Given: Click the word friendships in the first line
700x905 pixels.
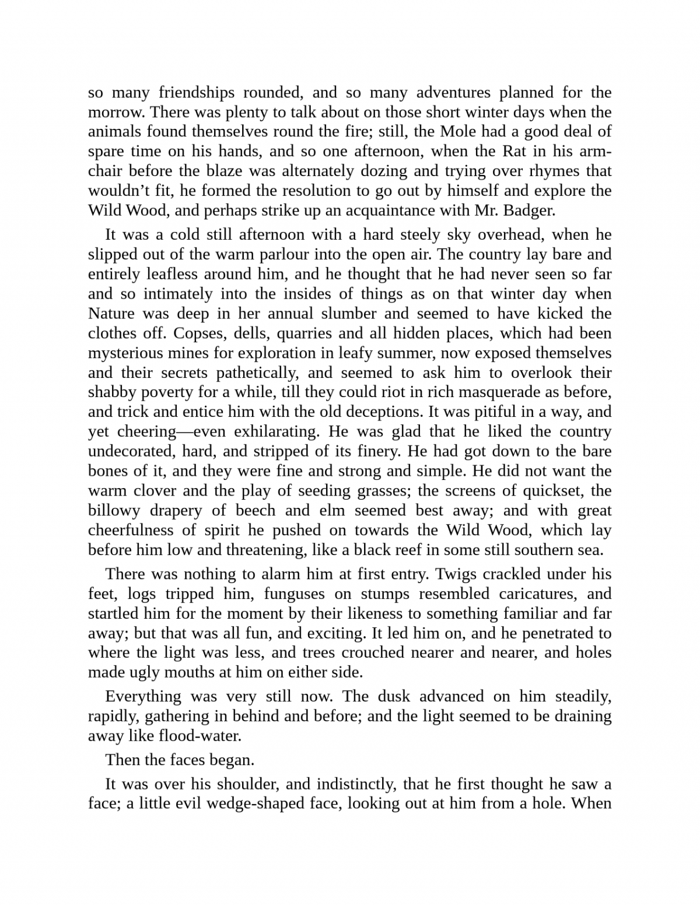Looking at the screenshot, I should tap(197, 93).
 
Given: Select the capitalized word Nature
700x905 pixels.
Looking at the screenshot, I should tap(112, 314).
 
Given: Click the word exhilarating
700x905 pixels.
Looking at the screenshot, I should tap(275, 432).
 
